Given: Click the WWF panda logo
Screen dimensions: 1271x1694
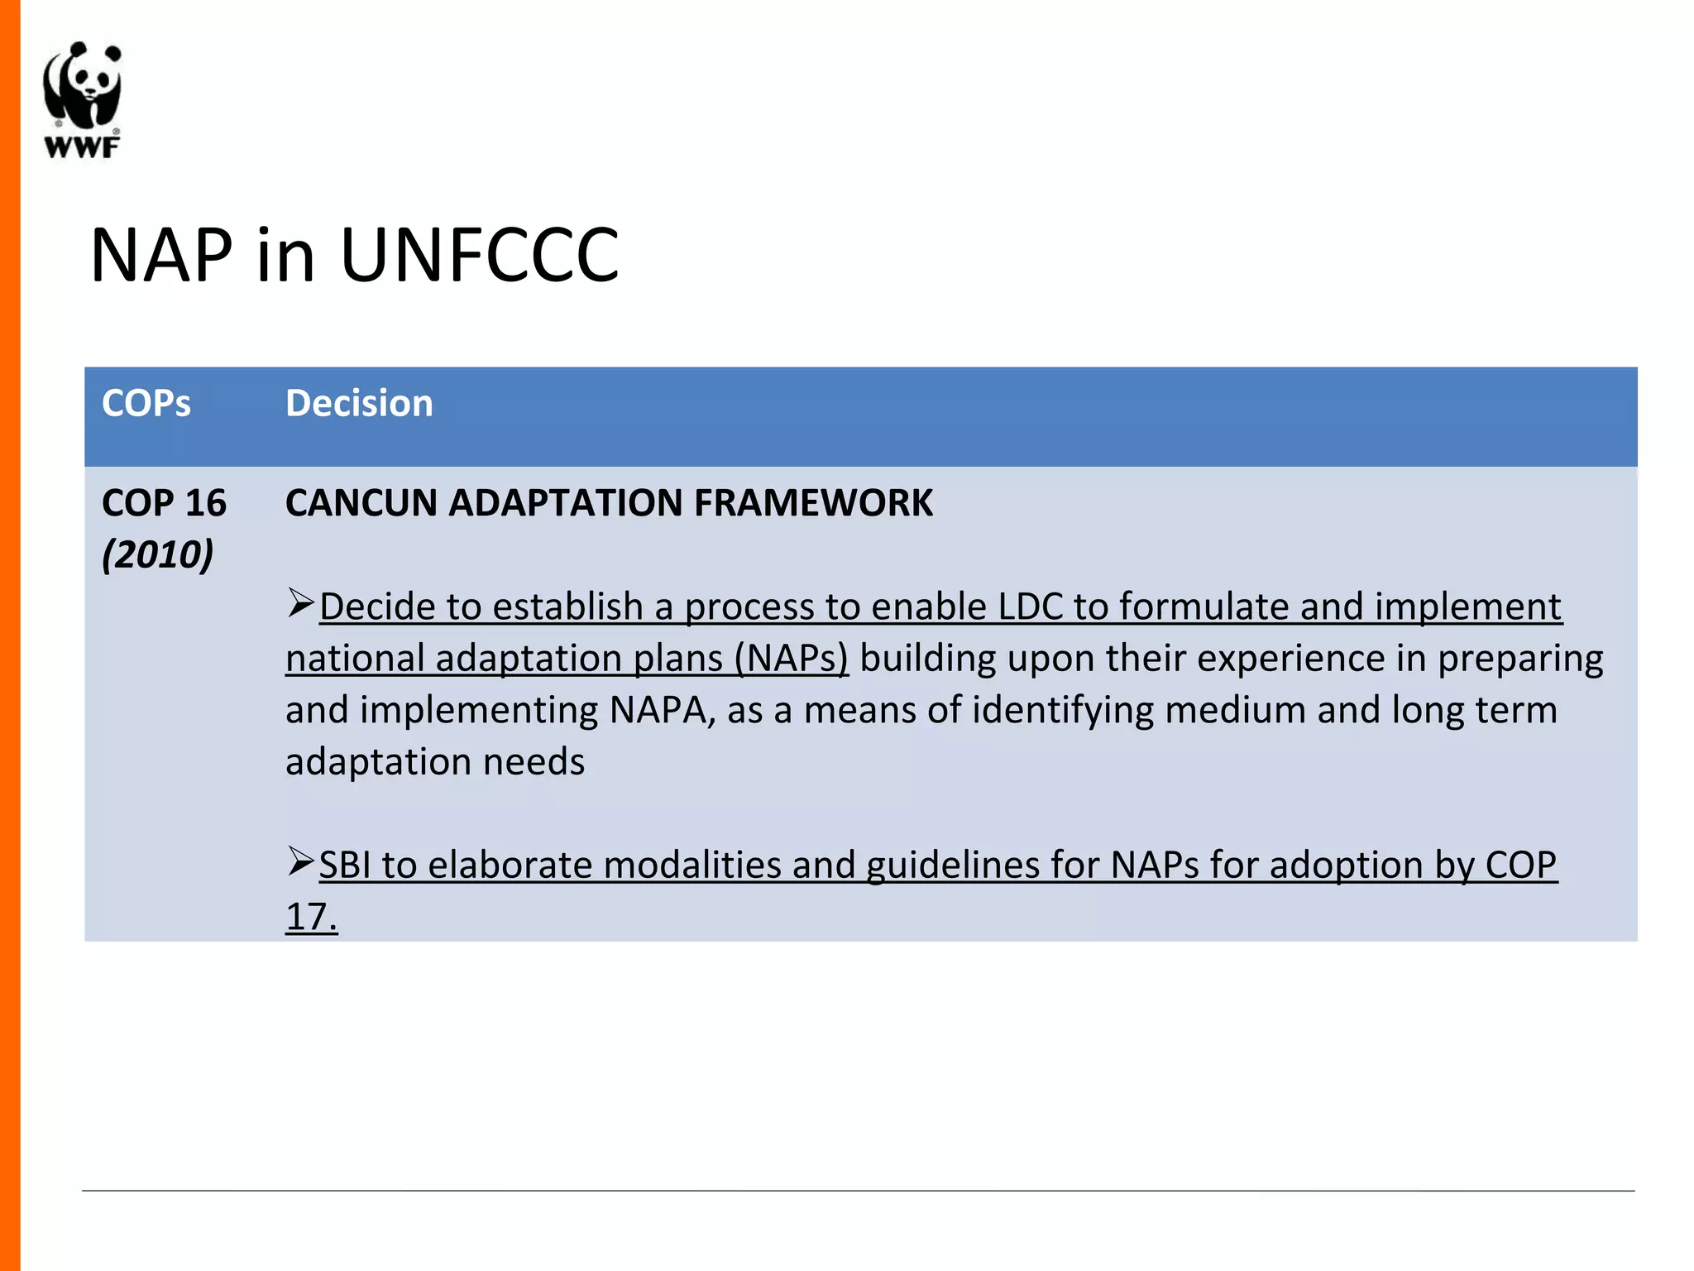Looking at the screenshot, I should (82, 87).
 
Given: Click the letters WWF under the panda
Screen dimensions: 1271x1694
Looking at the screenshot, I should (82, 148).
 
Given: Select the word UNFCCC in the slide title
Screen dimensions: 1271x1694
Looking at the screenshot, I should (479, 255).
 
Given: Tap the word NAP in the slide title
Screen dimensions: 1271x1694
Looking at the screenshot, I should (161, 255).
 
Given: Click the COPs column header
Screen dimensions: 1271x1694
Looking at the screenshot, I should (146, 404).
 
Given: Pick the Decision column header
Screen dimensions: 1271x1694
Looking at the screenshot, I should (359, 404).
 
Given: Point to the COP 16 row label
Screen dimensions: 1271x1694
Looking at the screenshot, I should (164, 503).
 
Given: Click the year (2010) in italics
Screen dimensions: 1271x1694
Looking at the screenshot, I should (158, 554).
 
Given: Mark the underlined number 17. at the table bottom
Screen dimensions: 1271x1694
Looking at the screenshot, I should (312, 917).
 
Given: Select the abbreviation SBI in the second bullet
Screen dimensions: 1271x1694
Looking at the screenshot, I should (345, 866).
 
